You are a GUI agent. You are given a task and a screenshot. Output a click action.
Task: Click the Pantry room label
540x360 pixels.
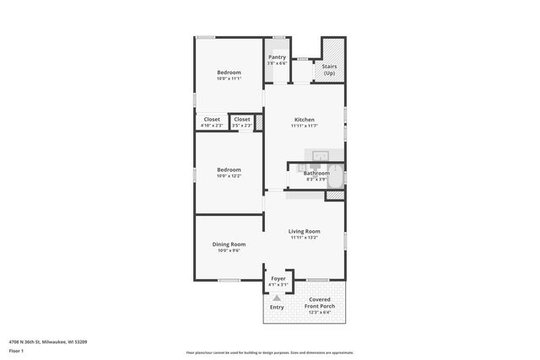coord(277,57)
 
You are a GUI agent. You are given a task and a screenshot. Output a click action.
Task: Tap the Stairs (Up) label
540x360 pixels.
coord(329,69)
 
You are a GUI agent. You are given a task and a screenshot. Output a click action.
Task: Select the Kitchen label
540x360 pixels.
coord(304,119)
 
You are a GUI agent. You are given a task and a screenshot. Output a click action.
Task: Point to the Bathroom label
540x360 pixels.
coord(316,174)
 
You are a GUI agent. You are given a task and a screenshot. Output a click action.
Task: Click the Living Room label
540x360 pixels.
coord(304,231)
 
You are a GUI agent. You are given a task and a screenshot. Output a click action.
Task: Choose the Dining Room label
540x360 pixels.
coord(229,244)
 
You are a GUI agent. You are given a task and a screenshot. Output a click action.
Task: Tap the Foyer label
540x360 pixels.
coord(278,278)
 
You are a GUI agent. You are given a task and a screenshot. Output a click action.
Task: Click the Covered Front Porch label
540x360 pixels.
coord(319,303)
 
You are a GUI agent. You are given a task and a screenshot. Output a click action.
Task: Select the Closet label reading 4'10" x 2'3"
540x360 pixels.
coord(212,119)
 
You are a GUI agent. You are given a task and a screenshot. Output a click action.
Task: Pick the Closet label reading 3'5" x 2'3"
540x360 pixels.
coord(242,119)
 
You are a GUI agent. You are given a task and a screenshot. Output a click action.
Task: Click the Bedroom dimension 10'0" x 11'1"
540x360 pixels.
coord(229,79)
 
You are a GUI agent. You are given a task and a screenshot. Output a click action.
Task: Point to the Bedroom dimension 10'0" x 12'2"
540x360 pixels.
coord(229,176)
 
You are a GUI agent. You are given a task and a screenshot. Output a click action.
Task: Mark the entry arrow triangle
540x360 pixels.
coord(277,297)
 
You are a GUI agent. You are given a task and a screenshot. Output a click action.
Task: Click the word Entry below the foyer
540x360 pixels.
coord(277,307)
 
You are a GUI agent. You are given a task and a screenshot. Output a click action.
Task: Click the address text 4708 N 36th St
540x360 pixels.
coord(48,341)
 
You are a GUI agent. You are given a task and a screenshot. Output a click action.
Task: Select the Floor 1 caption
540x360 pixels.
coord(16,351)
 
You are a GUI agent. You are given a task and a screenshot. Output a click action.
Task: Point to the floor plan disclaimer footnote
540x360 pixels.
coord(270,352)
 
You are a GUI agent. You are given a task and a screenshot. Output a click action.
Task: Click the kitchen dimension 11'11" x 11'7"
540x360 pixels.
coord(304,126)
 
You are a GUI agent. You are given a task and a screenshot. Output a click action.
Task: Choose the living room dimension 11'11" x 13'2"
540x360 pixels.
coord(304,239)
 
